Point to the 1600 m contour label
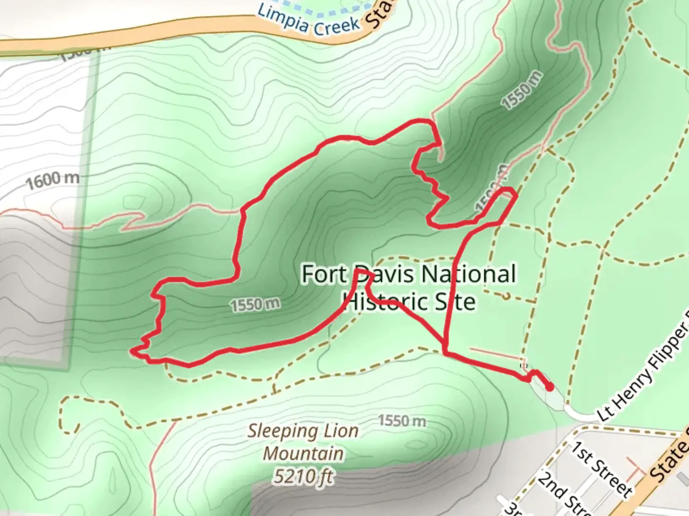tap(53, 180)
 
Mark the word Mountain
tap(303, 453)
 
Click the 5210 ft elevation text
tap(303, 476)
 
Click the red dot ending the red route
tap(550, 387)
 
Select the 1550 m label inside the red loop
tap(256, 305)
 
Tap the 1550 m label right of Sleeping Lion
tap(402, 421)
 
